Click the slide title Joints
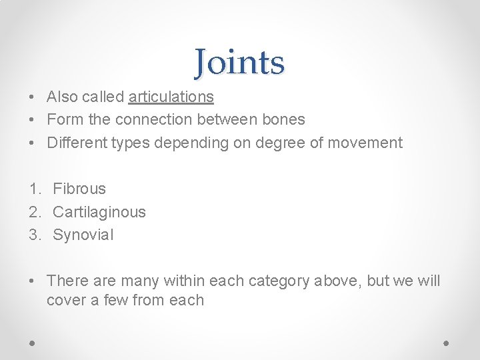point(239,63)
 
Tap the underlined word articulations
point(171,97)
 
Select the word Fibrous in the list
point(79,189)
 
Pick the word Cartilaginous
point(99,212)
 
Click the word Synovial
point(83,235)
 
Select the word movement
point(369,142)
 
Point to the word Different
point(75,142)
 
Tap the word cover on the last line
point(65,300)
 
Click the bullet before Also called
point(32,97)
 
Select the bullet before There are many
point(32,281)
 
